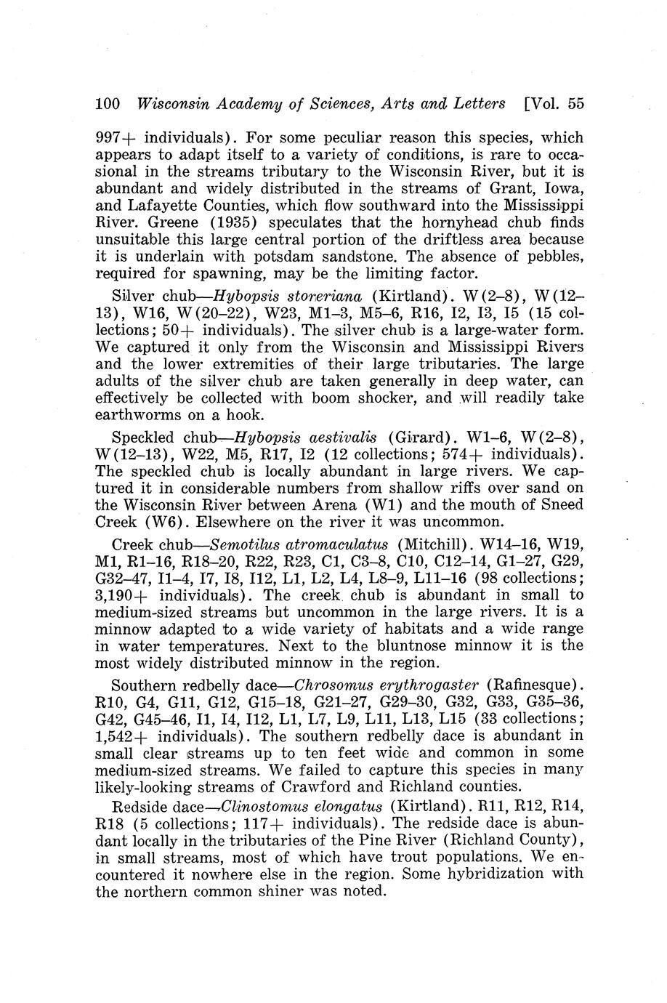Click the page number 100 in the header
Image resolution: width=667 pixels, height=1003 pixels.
click(x=108, y=103)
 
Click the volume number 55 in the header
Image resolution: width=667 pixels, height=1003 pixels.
click(x=575, y=103)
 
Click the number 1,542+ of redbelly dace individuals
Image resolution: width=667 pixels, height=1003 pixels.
click(x=118, y=736)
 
